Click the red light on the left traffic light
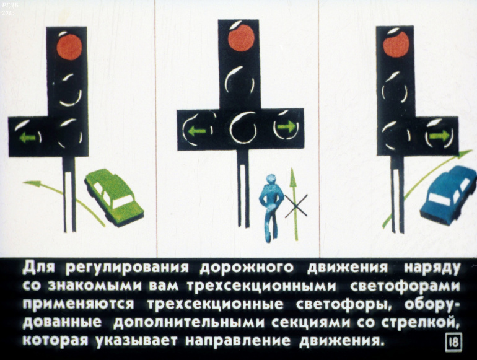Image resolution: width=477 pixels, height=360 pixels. point(69,47)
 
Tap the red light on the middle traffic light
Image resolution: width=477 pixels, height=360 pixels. point(241,38)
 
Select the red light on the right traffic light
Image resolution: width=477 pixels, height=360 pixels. point(396,45)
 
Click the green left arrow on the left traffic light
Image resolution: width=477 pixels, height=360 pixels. point(27,138)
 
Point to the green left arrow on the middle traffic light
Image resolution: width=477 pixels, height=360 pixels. point(196,131)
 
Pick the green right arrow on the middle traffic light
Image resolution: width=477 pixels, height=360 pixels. point(286,126)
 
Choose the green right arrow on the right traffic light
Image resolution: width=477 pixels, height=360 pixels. point(440,135)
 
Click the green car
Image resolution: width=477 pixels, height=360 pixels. point(114,198)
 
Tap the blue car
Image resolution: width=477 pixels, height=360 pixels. point(449,194)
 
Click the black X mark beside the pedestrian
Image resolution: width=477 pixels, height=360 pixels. point(295,206)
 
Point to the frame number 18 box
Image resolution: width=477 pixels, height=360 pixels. point(454,343)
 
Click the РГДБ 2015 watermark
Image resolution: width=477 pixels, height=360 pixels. point(8,10)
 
